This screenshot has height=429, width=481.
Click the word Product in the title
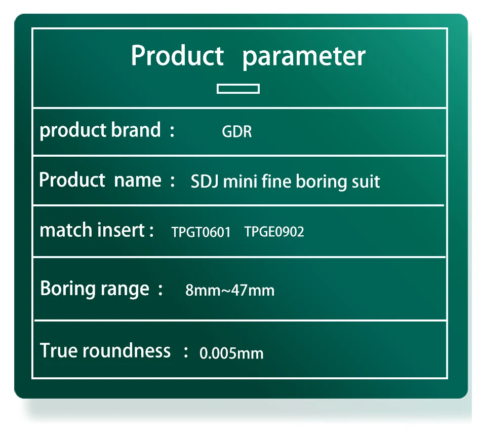177,55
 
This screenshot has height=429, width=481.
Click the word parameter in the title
304,57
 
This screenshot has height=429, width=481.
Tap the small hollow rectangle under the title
238,89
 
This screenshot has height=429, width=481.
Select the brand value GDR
237,131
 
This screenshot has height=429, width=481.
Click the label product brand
100,130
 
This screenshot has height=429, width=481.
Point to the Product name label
100,180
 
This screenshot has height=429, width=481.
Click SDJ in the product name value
205,182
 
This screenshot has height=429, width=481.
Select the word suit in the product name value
366,182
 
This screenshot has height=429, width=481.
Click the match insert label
92,230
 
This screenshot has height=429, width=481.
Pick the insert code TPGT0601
201,232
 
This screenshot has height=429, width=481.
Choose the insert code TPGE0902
274,232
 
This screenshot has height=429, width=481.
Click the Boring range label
95,289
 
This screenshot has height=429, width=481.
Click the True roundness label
105,350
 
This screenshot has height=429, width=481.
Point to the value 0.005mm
231,353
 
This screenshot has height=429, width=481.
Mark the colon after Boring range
161,290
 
